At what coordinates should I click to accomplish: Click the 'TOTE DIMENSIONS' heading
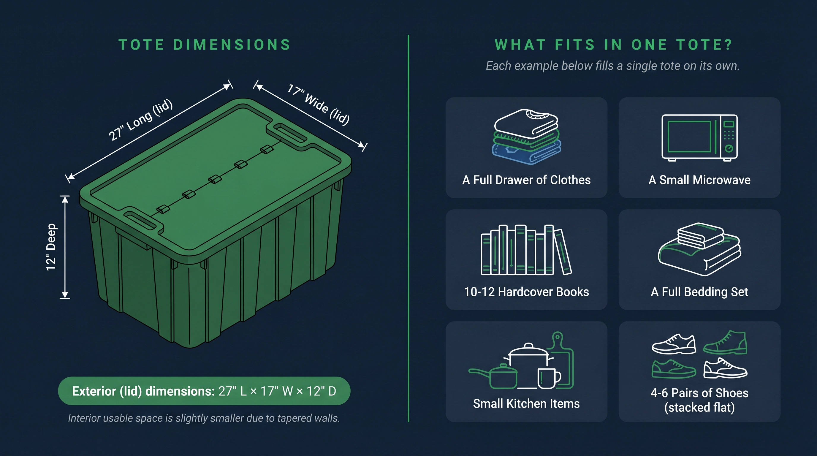205,45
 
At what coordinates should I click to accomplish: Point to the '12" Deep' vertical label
51,247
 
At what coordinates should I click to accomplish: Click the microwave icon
699,138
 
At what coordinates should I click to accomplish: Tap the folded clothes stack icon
526,137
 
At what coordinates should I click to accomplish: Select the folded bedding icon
699,249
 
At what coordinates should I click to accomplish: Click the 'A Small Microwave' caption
699,180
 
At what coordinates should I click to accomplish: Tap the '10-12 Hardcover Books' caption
526,292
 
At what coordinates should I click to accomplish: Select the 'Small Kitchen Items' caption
526,403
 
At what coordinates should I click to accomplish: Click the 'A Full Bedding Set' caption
699,292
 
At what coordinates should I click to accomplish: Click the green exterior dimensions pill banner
204,391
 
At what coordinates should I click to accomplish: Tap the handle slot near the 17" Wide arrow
290,133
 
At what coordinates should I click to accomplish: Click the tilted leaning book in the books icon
563,251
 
